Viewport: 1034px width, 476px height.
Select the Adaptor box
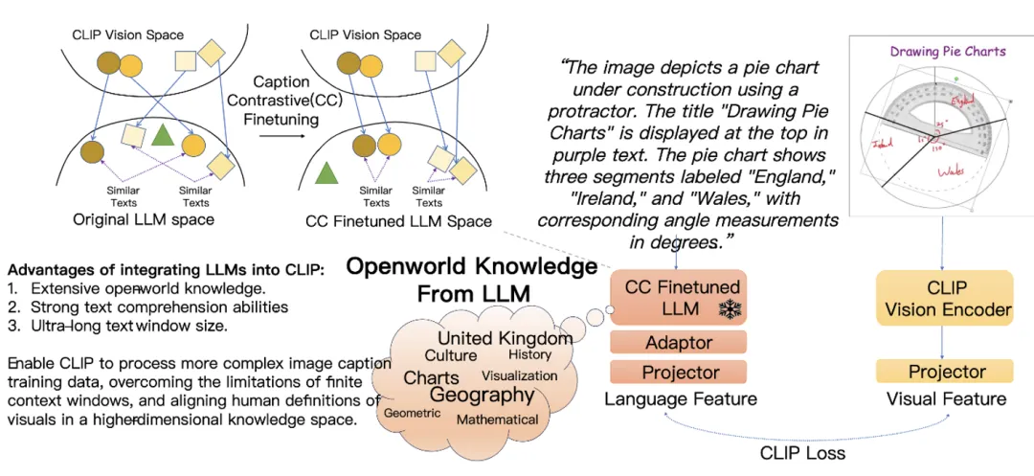[x=679, y=342]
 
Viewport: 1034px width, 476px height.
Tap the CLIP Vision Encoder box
[x=947, y=298]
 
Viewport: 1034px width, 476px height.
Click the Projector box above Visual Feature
[x=947, y=372]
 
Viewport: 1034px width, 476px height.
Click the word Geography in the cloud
[x=482, y=395]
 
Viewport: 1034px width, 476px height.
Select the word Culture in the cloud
[x=450, y=355]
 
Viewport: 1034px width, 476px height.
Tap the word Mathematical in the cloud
[x=497, y=419]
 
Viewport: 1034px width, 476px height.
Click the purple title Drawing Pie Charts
[x=948, y=51]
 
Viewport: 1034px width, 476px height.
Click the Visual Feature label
[x=947, y=398]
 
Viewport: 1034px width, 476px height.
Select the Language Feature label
[x=681, y=398]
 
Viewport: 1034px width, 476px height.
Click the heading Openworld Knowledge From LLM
[x=471, y=279]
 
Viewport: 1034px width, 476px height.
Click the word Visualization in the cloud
[x=519, y=375]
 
